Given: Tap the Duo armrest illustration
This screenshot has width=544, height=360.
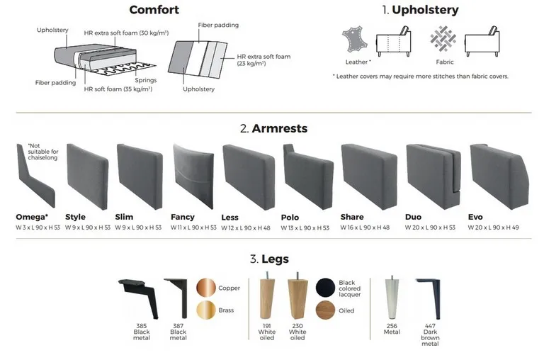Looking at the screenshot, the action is click(x=433, y=176).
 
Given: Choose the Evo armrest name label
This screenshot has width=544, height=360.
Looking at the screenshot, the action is click(x=475, y=217).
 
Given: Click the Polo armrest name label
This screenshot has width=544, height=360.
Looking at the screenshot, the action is click(x=290, y=218).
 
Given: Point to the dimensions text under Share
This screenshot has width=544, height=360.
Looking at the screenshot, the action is click(x=365, y=227).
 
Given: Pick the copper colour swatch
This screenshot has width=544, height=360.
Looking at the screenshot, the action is click(x=206, y=288).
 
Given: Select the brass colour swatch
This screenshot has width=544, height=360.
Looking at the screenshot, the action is click(x=206, y=310).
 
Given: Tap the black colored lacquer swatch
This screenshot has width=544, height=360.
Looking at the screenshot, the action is click(x=325, y=288).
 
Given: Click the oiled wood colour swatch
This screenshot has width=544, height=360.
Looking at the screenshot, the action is click(x=325, y=310).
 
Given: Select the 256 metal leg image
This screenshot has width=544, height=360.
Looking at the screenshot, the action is click(x=392, y=298).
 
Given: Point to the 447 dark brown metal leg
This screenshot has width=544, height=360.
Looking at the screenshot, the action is click(x=430, y=298).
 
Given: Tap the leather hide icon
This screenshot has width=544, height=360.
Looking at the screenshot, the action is click(x=355, y=40).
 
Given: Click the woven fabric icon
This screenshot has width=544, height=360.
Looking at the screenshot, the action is click(x=443, y=38).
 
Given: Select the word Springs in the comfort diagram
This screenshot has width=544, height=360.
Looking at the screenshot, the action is click(x=146, y=80).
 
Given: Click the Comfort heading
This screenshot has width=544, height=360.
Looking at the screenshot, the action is click(x=154, y=10).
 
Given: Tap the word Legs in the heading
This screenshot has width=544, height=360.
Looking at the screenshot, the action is click(x=275, y=259).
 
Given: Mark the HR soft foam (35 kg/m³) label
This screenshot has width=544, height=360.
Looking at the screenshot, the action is click(x=118, y=89).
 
